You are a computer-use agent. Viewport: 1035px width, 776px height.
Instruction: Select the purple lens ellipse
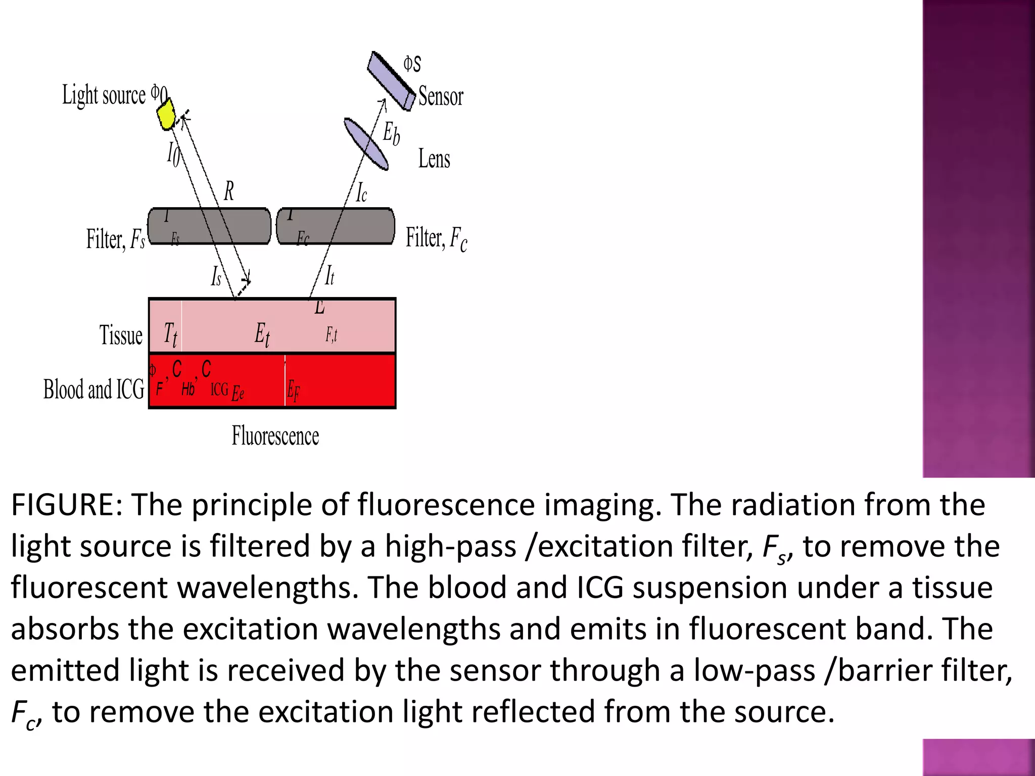pos(366,143)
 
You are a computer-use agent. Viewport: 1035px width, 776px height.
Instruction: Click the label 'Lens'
pos(434,159)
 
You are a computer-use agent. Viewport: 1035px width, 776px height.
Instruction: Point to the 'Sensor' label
pos(441,96)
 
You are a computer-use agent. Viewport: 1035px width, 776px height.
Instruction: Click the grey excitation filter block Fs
pos(209,226)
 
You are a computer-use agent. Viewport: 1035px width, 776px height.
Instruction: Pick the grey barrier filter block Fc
pos(336,226)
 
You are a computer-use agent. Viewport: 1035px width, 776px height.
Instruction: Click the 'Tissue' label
pos(121,335)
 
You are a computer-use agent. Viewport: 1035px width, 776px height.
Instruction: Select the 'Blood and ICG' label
pos(94,390)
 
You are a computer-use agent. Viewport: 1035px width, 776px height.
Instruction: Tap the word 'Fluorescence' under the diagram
pos(275,435)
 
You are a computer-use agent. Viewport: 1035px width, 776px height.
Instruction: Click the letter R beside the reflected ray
pos(228,191)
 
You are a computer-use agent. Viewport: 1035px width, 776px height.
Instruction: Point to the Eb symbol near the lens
pos(391,133)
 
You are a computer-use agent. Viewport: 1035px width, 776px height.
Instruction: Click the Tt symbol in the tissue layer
pos(170,334)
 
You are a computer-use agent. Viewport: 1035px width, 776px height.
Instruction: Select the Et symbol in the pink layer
pos(262,334)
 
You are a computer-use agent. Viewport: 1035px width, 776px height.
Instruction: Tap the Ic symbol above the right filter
pos(361,193)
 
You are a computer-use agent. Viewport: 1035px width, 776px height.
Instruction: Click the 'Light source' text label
pos(104,95)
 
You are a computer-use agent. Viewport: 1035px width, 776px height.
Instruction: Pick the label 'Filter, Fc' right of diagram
pos(436,238)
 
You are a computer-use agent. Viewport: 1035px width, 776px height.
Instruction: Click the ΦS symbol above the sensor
pos(412,64)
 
